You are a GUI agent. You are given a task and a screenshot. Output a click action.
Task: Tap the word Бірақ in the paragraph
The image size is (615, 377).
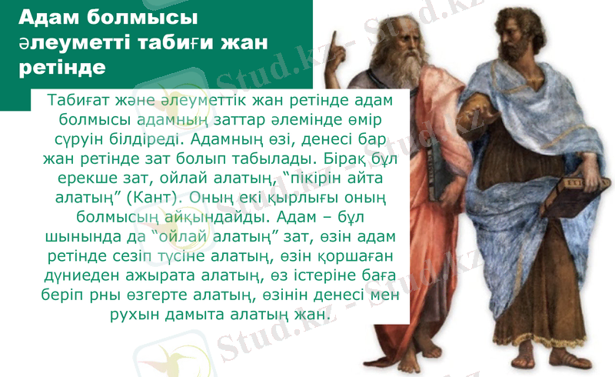(342, 158)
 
